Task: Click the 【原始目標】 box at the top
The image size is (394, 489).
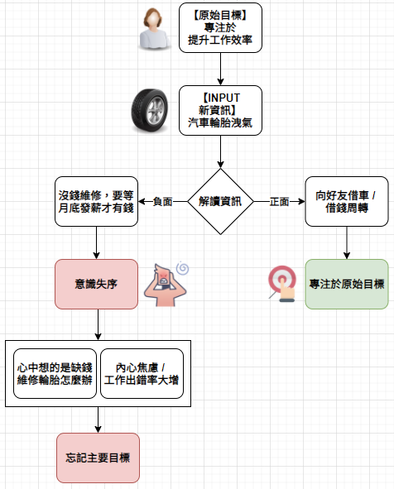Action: coord(220,28)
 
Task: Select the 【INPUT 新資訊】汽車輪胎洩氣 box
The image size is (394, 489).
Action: coord(220,110)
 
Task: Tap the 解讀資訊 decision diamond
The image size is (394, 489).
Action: coord(220,201)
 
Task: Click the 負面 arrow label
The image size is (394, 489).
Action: coord(162,201)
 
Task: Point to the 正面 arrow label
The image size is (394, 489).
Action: coord(279,201)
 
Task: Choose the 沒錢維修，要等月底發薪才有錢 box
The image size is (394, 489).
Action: coord(96,201)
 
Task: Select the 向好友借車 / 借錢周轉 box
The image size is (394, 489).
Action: coord(347,201)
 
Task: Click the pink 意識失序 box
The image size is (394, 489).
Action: coord(96,284)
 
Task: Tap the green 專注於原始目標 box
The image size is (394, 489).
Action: coord(347,284)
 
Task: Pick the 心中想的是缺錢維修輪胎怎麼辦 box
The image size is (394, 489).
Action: coord(55,374)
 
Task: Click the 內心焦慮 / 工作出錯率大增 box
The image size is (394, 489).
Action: coord(142,374)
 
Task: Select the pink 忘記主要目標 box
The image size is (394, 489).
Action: coord(98,458)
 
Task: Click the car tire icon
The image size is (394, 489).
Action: coord(150,110)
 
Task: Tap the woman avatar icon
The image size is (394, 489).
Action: coord(153,29)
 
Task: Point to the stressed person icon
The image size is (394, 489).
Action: coord(165,285)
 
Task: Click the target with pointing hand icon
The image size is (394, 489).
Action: coord(282,284)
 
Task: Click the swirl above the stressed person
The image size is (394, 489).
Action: coord(182,268)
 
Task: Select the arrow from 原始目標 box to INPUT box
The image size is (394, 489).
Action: coord(220,69)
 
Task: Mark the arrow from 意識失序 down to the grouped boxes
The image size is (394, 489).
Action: coord(98,324)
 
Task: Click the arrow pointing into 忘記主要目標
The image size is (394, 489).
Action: coord(98,419)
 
